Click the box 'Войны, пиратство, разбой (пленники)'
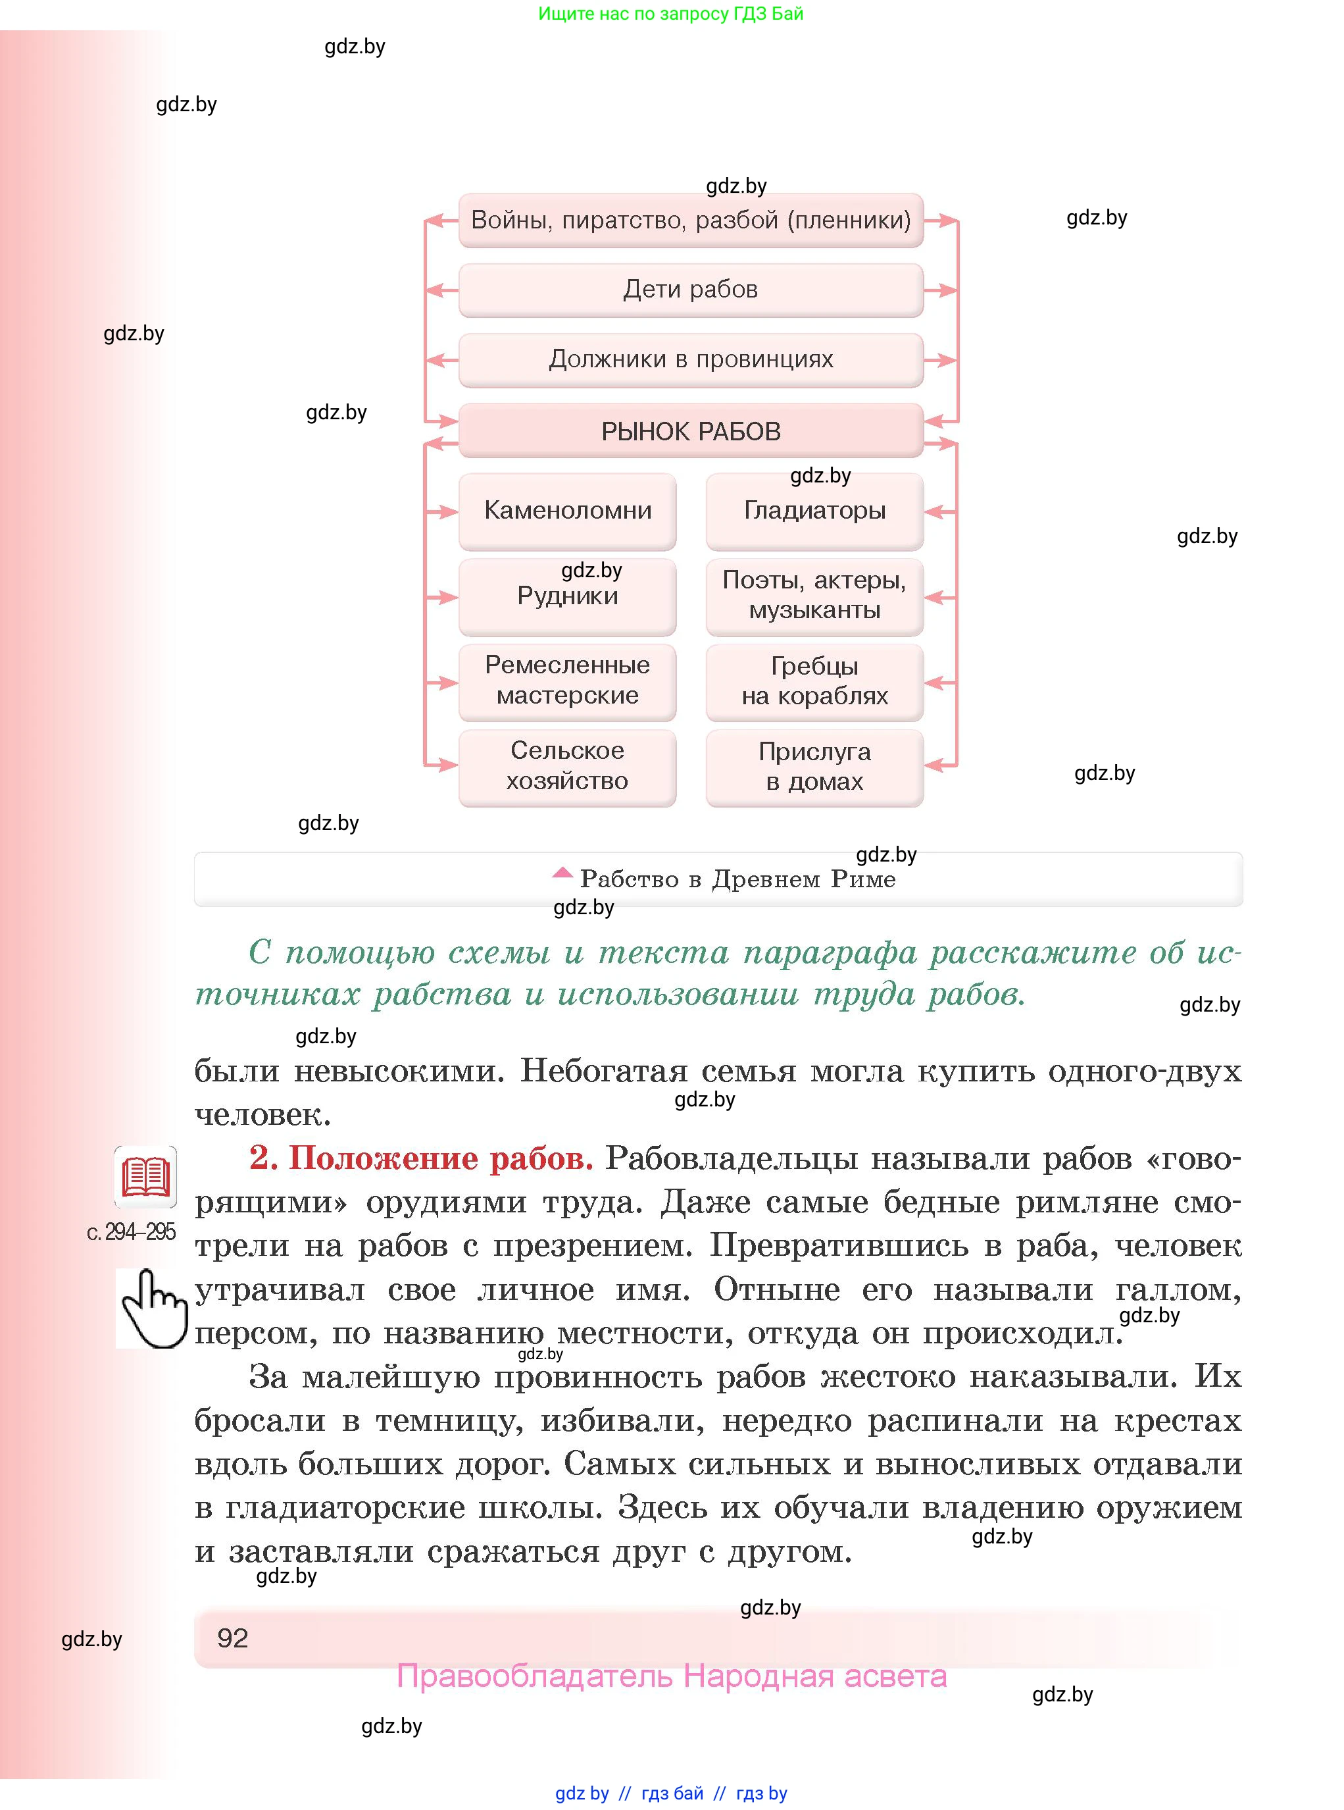(x=690, y=220)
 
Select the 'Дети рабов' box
(x=690, y=290)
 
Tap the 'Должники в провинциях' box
(x=690, y=360)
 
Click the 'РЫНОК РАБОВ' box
(x=690, y=430)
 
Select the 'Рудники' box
(x=567, y=596)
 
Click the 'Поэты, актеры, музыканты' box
(x=814, y=596)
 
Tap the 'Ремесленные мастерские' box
(x=567, y=681)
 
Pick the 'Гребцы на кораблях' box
(x=814, y=681)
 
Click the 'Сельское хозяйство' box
(x=567, y=767)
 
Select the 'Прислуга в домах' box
(x=814, y=767)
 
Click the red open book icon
(x=145, y=1177)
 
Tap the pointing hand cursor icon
(x=152, y=1308)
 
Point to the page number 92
(x=233, y=1638)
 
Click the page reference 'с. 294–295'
(x=131, y=1232)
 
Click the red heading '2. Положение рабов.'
(x=420, y=1157)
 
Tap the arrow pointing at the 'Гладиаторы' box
(x=939, y=512)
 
